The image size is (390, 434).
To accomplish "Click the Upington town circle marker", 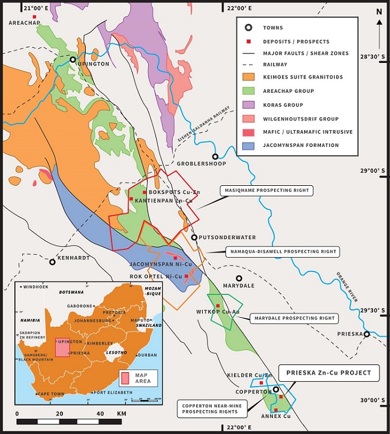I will point(73,60).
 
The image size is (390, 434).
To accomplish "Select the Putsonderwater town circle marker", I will point(194,237).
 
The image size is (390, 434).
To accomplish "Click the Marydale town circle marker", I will point(239,278).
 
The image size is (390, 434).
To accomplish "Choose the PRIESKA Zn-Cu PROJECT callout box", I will point(329,373).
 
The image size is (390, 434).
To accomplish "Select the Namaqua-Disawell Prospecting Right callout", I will point(281,251).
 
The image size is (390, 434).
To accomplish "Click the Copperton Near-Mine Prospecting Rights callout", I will point(209,409).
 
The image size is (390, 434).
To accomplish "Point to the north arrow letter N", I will point(379,11).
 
